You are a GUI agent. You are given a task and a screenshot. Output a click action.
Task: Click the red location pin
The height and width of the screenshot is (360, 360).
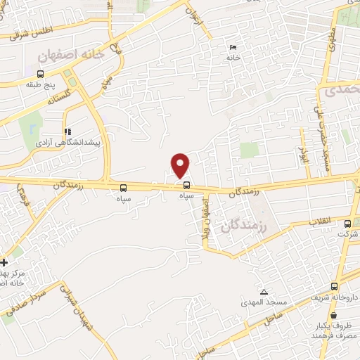click(181, 165)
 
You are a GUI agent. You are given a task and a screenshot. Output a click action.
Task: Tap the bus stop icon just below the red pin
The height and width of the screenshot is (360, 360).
click(186, 186)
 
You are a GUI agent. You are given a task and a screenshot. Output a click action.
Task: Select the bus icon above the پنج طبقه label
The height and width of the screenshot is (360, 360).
click(40, 74)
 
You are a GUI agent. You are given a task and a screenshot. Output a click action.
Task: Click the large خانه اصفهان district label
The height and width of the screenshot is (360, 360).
click(72, 53)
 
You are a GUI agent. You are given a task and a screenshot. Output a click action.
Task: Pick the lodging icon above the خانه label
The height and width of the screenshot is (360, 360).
click(233, 48)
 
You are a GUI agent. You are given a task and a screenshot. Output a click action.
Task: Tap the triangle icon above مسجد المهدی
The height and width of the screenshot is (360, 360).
click(264, 292)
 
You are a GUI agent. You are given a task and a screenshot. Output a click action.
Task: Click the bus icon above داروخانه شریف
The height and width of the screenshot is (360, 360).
click(335, 286)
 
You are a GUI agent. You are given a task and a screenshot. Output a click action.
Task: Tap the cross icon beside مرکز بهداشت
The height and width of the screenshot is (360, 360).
click(5, 262)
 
